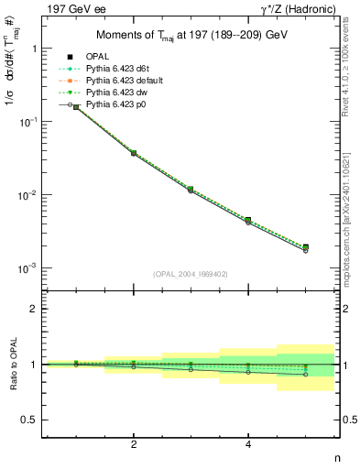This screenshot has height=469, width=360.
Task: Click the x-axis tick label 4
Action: coord(248,444)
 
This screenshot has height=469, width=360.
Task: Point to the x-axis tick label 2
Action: coord(134,444)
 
